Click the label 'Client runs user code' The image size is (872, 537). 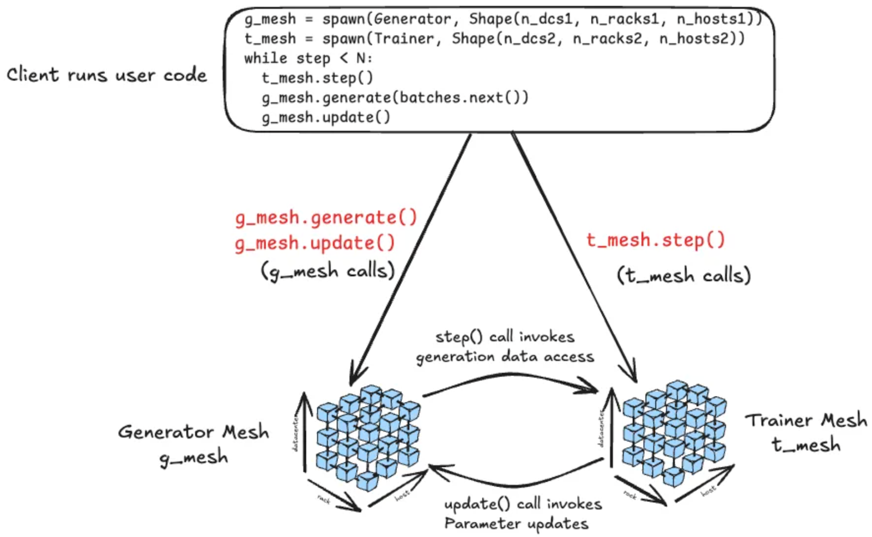106,75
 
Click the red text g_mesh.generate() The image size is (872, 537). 326,218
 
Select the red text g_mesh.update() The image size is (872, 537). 315,243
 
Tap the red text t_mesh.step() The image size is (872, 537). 656,240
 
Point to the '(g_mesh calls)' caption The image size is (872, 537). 328,271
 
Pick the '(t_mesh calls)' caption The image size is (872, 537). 683,275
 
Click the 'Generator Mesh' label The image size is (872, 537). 193,432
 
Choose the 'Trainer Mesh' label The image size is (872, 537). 806,420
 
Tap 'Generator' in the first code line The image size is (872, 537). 412,19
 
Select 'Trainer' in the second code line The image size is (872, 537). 404,39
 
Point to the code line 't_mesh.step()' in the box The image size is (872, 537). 317,78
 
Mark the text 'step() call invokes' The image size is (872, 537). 505,337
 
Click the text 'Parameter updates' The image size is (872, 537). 516,524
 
